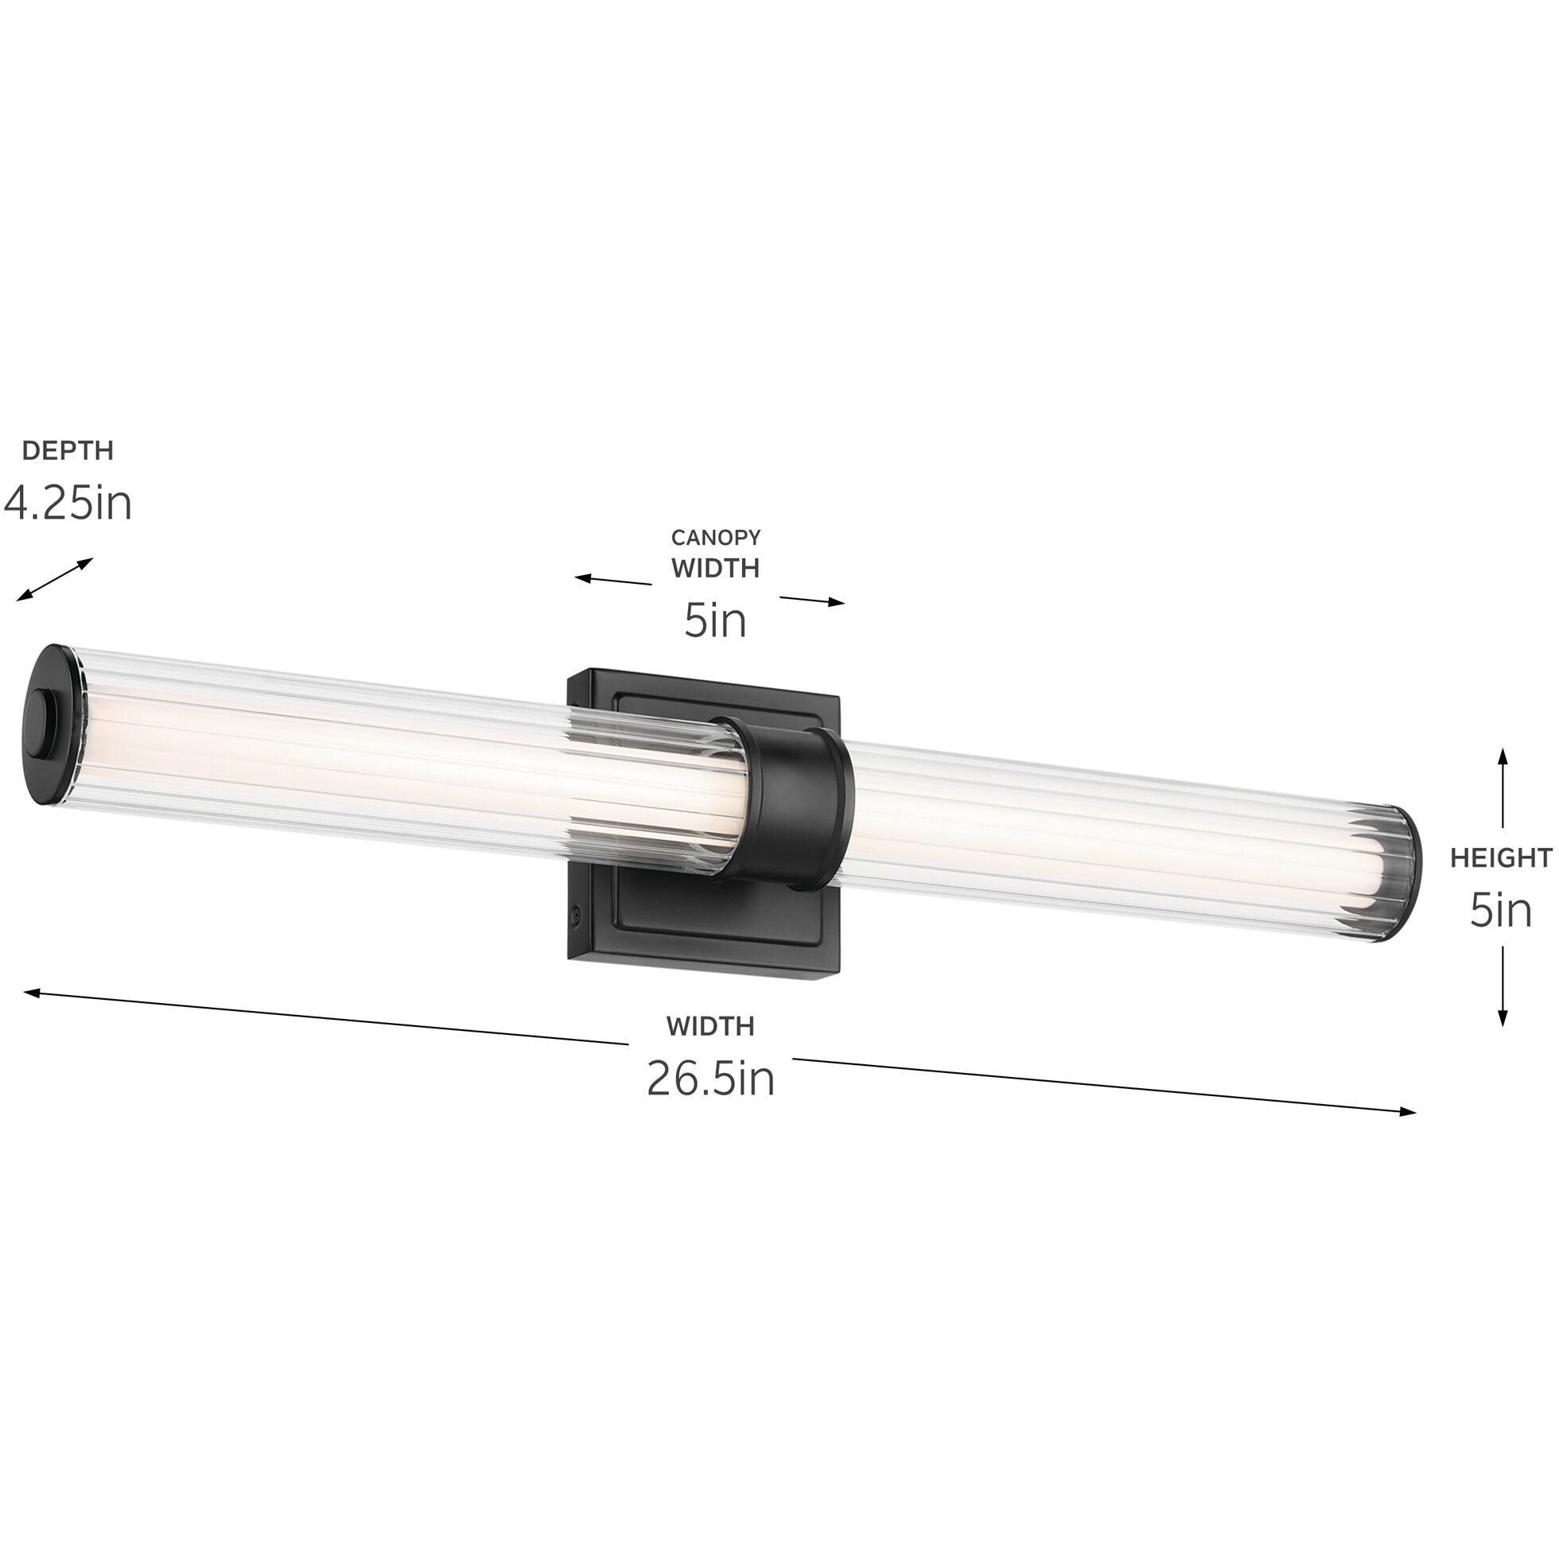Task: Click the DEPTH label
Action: pyautogui.click(x=68, y=450)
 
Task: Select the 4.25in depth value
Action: pyautogui.click(x=68, y=503)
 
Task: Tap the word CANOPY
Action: pyautogui.click(x=716, y=538)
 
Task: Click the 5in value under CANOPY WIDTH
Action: pyautogui.click(x=715, y=620)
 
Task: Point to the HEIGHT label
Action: pyautogui.click(x=1501, y=857)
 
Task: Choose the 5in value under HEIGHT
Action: pyautogui.click(x=1500, y=910)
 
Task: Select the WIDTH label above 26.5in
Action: pyautogui.click(x=710, y=1026)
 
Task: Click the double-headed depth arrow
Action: pyautogui.click(x=55, y=579)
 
